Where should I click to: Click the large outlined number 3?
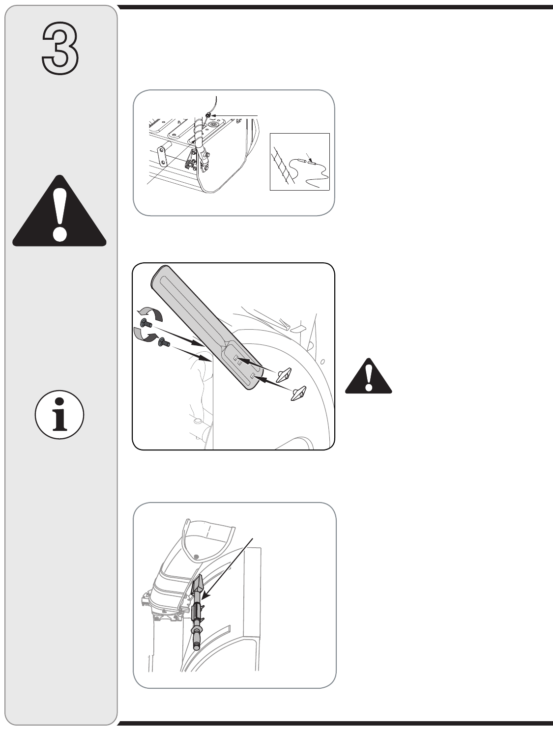[60, 48]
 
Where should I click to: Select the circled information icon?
[59, 415]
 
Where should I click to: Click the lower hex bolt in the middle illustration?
[164, 342]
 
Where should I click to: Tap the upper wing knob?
[283, 375]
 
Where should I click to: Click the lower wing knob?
[298, 394]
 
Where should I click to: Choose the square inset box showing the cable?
[299, 162]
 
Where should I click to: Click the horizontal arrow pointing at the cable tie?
[234, 115]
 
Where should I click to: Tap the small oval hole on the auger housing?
[322, 362]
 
